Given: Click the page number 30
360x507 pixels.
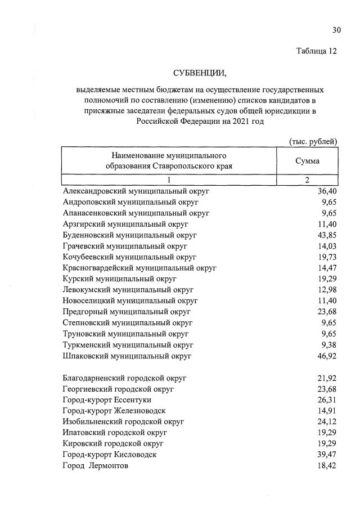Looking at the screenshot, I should pyautogui.click(x=336, y=30).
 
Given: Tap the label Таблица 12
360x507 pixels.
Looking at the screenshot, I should pyautogui.click(x=317, y=51).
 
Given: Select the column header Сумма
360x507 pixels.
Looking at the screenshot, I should pyautogui.click(x=307, y=161).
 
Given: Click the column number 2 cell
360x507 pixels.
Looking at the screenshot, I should pyautogui.click(x=307, y=180).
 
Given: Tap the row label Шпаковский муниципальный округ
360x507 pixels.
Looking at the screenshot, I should pyautogui.click(x=128, y=356).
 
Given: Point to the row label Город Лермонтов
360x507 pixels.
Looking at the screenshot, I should pyautogui.click(x=96, y=466).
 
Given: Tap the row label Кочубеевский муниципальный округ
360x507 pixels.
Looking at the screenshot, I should pyautogui.click(x=129, y=257).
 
